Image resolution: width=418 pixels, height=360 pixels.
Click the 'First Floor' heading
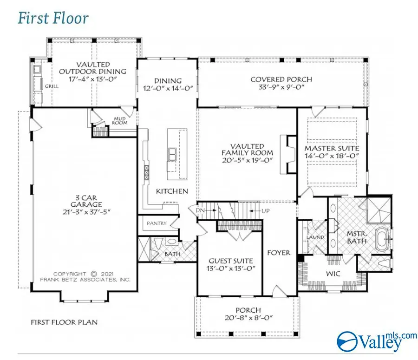(53, 19)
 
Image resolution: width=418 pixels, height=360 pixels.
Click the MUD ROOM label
(120, 121)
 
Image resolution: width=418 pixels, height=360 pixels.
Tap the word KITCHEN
(172, 191)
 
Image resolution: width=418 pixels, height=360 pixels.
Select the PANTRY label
(157, 223)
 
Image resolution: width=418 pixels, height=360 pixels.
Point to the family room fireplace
(288, 153)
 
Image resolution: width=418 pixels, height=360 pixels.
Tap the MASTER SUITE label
(332, 149)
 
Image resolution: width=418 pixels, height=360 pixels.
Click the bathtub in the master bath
(383, 238)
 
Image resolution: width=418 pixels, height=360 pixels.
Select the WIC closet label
(333, 274)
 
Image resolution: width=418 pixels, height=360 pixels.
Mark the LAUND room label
(315, 237)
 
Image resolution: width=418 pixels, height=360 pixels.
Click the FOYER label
(279, 253)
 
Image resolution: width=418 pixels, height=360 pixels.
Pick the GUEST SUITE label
(231, 261)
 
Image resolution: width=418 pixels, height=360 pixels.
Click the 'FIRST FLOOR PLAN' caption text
(64, 322)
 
